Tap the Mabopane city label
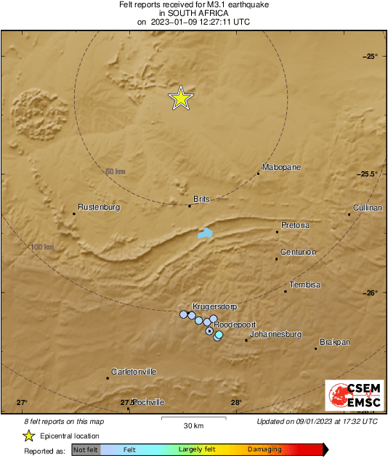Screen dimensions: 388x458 (x=281, y=168)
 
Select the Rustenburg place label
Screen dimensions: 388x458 (x=99, y=207)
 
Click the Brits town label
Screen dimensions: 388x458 (x=201, y=199)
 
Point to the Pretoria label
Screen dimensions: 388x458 (x=296, y=226)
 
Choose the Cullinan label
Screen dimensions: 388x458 (x=366, y=208)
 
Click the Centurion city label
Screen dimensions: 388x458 (x=299, y=253)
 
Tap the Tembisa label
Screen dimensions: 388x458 (x=305, y=285)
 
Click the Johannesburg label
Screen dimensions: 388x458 (x=275, y=335)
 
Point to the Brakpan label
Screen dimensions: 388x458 (x=335, y=342)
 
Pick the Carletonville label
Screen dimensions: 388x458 (x=134, y=372)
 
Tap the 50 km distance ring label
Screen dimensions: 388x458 (x=116, y=171)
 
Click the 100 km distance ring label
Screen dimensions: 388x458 (x=42, y=248)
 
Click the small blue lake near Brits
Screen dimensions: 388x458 (x=206, y=234)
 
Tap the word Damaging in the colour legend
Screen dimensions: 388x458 (x=264, y=450)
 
